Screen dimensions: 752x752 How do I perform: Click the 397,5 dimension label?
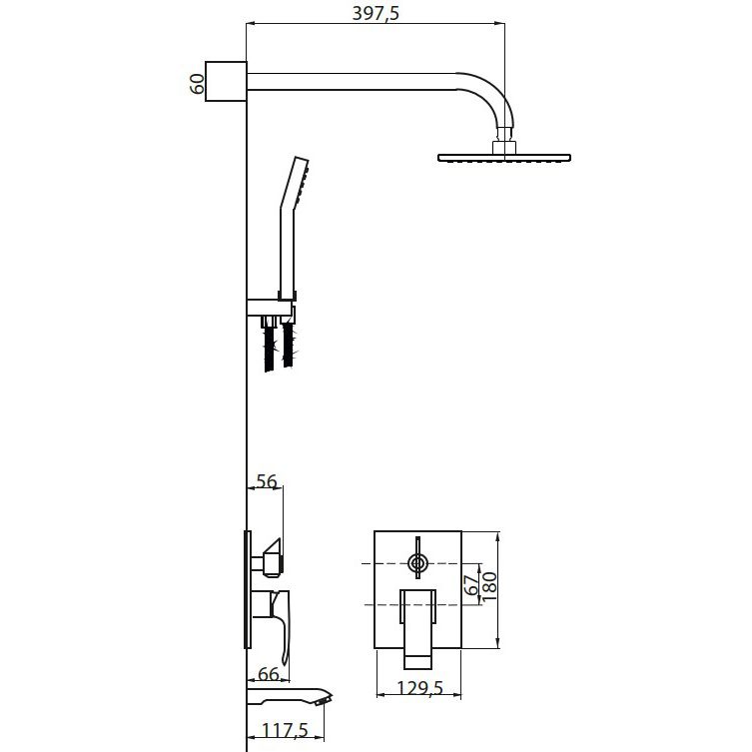point(376,13)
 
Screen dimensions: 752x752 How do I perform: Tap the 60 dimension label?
point(197,84)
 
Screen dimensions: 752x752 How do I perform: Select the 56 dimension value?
point(267,481)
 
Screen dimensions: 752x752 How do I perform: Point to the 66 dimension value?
point(268,674)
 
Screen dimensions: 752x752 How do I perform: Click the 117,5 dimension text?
point(285,730)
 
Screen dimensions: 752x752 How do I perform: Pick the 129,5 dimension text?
point(420,688)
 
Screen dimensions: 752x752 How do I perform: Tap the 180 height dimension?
point(489,585)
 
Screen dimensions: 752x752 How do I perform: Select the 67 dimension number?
point(472,585)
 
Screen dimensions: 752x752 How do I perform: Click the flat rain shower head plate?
point(504,158)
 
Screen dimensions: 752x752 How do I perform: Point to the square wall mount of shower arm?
point(226,81)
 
